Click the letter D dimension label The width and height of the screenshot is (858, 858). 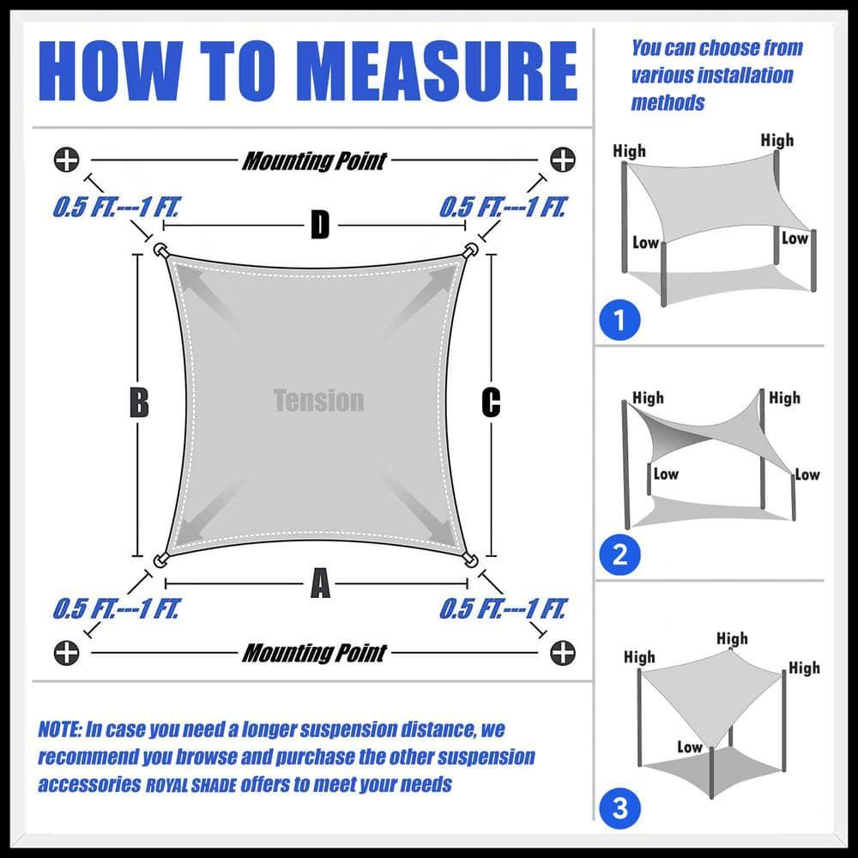point(319,227)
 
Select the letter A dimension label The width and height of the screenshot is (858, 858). point(319,585)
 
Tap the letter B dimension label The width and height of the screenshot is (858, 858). point(139,402)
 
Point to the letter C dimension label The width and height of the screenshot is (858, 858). point(491,402)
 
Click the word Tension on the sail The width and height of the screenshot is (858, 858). point(318,401)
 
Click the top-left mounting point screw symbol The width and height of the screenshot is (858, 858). point(67,160)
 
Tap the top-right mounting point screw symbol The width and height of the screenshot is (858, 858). point(562,160)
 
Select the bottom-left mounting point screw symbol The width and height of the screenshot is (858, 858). point(67,652)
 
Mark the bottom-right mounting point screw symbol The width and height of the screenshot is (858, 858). point(562,652)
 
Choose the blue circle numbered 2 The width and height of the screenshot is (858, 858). point(619,556)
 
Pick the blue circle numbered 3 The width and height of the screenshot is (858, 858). point(619,807)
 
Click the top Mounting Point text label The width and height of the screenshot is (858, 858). point(314,160)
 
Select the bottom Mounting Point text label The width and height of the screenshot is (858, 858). point(314,653)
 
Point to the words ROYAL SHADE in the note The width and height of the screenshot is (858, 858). point(195,785)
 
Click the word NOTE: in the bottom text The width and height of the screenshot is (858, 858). point(60,730)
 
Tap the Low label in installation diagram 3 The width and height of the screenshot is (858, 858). point(689,746)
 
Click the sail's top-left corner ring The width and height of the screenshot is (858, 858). point(160,251)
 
